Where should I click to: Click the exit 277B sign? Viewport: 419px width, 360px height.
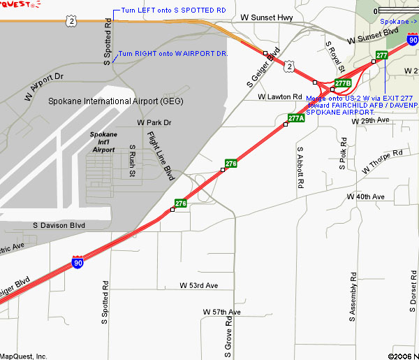click(342, 83)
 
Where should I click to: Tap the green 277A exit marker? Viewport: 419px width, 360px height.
click(296, 118)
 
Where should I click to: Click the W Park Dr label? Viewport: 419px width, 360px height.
click(154, 122)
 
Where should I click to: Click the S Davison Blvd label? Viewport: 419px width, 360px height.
click(59, 225)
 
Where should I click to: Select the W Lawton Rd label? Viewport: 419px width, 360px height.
click(279, 96)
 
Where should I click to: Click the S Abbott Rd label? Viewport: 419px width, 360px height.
click(301, 168)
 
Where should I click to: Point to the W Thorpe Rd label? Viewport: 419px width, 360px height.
click(383, 161)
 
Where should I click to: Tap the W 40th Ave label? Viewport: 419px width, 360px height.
click(366, 197)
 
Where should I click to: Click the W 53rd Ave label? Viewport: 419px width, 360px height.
click(198, 285)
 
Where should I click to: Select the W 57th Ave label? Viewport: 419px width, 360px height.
click(221, 311)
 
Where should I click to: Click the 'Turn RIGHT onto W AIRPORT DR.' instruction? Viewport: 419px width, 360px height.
click(173, 53)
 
